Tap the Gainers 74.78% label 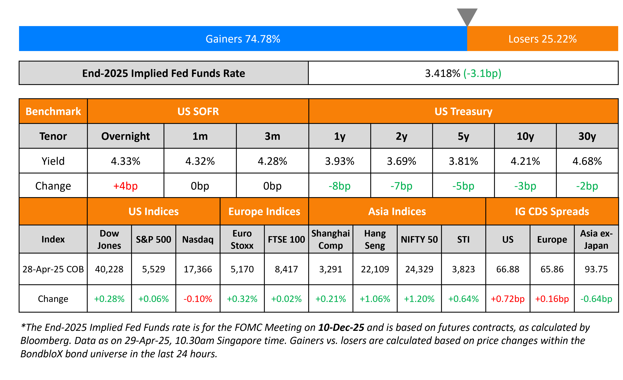243,39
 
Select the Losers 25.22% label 542,39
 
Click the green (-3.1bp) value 482,73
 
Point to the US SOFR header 198,112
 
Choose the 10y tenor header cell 525,136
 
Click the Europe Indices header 264,211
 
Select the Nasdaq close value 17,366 198,269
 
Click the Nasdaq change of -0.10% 198,299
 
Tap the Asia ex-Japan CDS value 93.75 596,269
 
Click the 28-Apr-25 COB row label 53,269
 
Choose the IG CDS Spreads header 552,211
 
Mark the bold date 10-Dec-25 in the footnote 341,327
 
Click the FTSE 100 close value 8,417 286,269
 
